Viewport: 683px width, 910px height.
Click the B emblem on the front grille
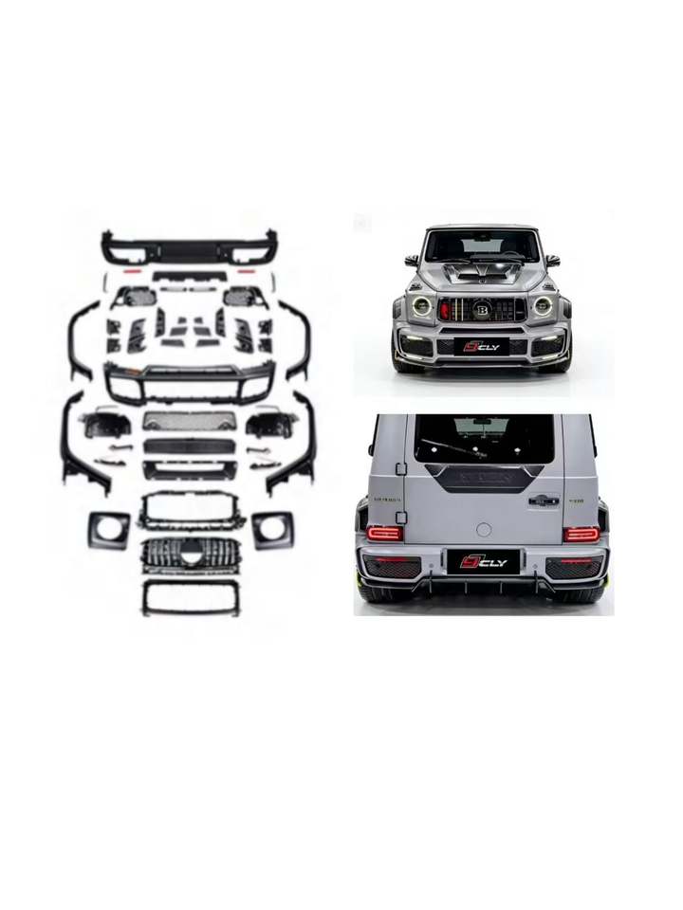coord(481,309)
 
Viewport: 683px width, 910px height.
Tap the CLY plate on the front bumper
coord(482,347)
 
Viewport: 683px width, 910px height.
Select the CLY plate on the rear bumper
coord(484,562)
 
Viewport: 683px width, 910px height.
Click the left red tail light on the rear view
coord(384,534)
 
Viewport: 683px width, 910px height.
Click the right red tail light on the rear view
coord(581,534)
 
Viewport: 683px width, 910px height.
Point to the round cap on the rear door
coord(484,529)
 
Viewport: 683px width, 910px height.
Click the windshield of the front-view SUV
coord(483,246)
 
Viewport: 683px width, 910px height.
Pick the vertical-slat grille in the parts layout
coord(189,554)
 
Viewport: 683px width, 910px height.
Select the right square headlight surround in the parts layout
coord(272,529)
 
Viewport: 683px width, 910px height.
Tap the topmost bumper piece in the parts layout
coord(189,247)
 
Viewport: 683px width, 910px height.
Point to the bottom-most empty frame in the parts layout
coord(189,597)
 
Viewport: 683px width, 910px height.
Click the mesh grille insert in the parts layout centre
coord(189,421)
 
